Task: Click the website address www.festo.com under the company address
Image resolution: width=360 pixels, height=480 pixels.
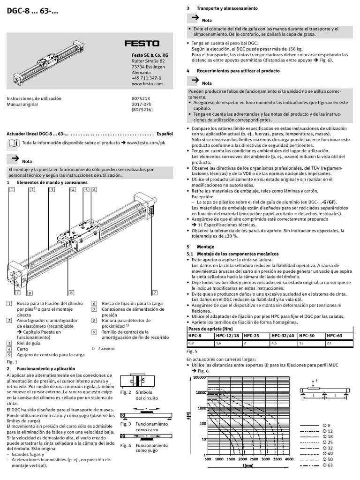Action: pyautogui.click(x=147, y=85)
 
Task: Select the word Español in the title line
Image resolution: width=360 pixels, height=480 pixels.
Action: pyautogui.click(x=165, y=134)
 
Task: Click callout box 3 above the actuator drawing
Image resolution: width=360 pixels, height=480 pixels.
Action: pyautogui.click(x=52, y=190)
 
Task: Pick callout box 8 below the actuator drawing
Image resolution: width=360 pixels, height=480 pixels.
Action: pyautogui.click(x=71, y=292)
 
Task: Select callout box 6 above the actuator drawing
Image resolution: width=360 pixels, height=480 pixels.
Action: pyautogui.click(x=94, y=190)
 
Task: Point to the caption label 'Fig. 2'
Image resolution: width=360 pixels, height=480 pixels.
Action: pyautogui.click(x=125, y=392)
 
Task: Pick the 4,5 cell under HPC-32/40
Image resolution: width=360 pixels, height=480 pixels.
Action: pyautogui.click(x=275, y=344)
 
